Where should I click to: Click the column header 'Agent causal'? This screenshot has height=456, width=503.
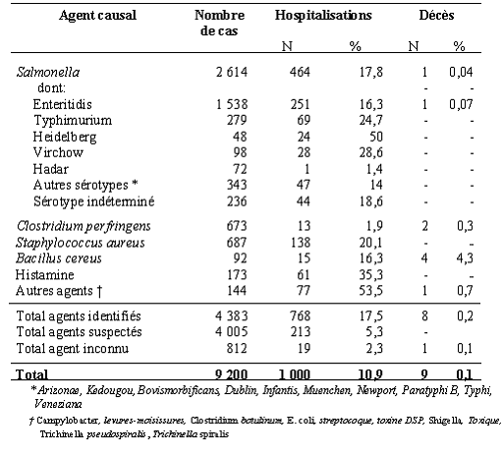coord(97,16)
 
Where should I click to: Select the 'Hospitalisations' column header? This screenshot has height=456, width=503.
coord(323,16)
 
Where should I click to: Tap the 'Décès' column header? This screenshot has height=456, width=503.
coord(436,15)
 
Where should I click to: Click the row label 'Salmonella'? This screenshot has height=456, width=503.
coord(48,72)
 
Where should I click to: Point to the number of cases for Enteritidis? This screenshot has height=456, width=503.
coord(232,104)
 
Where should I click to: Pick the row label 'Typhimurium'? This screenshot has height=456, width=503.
coord(73,121)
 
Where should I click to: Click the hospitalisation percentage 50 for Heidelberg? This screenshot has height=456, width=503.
coord(376,137)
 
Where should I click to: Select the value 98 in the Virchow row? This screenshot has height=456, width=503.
coord(240,152)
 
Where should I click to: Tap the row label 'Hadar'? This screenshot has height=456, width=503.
coord(51,169)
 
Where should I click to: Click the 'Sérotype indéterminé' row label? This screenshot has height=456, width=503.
coord(94,201)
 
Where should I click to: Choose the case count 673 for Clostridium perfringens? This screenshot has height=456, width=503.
coord(237,226)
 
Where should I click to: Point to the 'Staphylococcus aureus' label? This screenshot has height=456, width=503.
coord(81,243)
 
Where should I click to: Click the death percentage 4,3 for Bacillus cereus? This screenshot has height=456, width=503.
coord(465,258)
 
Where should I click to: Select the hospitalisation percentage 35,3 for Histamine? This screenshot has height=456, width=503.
coord(370,274)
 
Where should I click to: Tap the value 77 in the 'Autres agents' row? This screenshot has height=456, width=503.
coord(304,291)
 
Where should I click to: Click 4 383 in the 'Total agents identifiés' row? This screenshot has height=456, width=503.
coord(232,315)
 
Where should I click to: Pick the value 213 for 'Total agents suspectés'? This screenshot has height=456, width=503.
coord(300,332)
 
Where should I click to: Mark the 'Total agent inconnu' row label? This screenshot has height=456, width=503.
coord(73,349)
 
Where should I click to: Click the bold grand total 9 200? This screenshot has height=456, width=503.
coord(231,374)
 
